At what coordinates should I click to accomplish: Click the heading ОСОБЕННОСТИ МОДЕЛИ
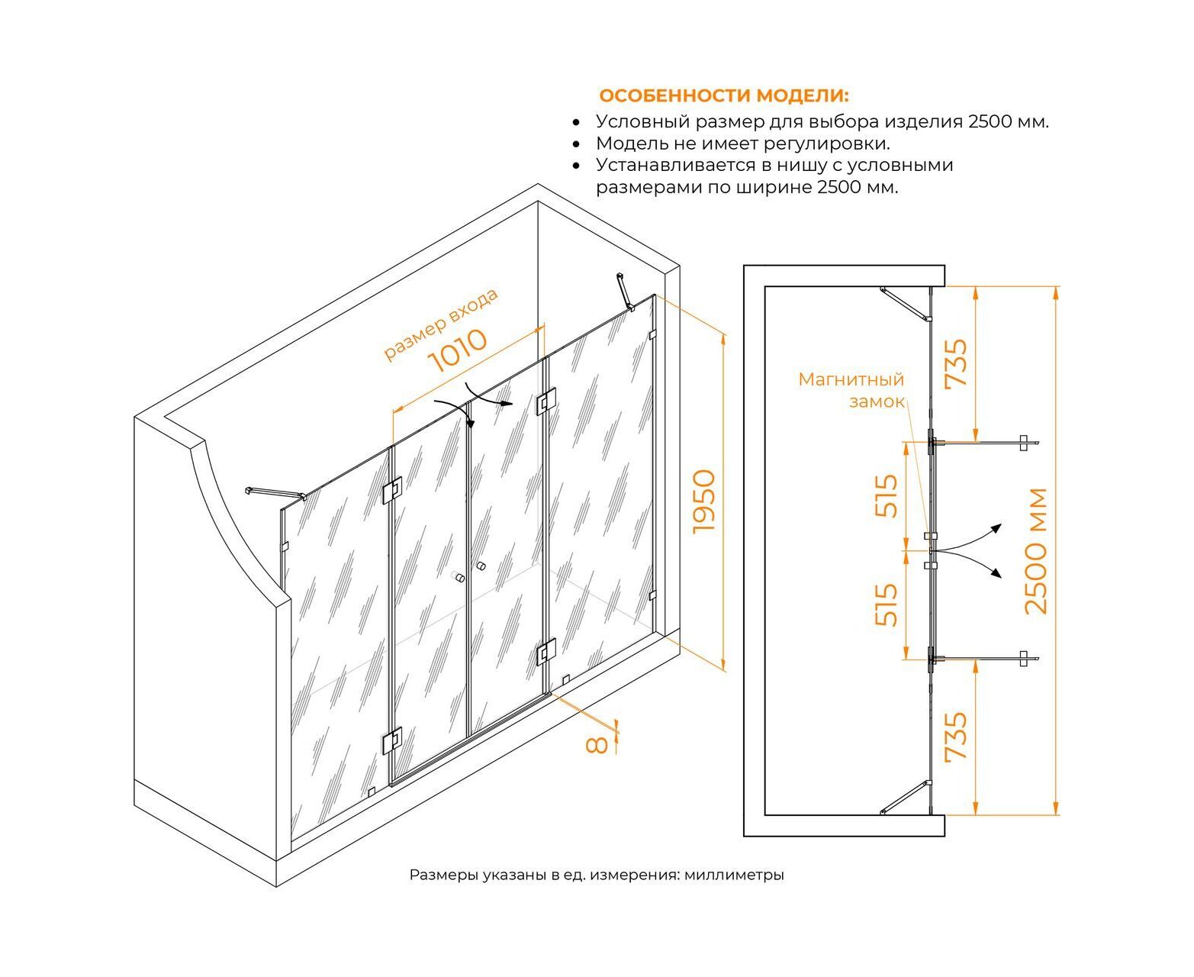(x=723, y=95)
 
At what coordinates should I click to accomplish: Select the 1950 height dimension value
(x=705, y=501)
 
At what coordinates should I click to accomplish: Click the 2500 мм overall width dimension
(x=1037, y=551)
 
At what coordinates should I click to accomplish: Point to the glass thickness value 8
(x=597, y=744)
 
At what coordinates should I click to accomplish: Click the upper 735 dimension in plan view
(x=956, y=363)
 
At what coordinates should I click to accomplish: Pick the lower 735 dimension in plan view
(x=956, y=736)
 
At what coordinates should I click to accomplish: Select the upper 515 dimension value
(x=887, y=496)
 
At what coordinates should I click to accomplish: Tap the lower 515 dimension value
(x=887, y=605)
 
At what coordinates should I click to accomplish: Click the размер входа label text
(x=440, y=324)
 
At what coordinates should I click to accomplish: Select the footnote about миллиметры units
(x=597, y=875)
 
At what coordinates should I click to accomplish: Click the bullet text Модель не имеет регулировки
(x=743, y=143)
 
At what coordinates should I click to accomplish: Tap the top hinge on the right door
(x=546, y=400)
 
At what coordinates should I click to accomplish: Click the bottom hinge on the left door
(x=392, y=740)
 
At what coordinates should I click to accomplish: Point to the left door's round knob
(x=459, y=578)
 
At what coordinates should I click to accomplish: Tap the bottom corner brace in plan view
(x=906, y=798)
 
